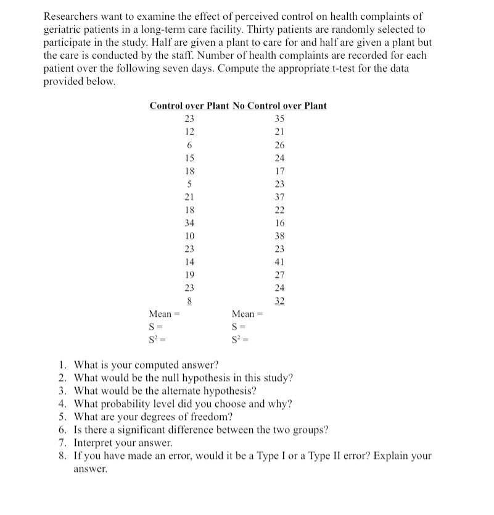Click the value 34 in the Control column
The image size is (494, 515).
(x=189, y=223)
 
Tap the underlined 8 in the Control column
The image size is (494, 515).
(x=189, y=301)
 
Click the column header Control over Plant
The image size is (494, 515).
(x=189, y=106)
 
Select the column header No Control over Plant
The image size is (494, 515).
(x=280, y=106)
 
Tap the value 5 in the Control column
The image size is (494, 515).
(x=189, y=184)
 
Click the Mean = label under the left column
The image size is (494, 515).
(x=163, y=314)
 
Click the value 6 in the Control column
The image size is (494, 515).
(x=189, y=144)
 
